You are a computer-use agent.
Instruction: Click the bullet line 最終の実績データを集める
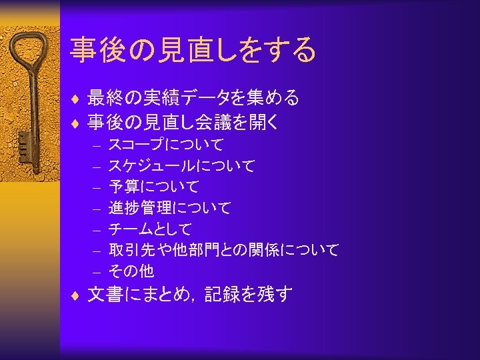click(193, 99)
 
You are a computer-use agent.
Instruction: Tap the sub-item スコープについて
click(165, 144)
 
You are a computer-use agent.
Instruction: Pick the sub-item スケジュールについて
click(181, 165)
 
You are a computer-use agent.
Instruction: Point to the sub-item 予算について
click(153, 187)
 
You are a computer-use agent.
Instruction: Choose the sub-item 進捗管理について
click(169, 208)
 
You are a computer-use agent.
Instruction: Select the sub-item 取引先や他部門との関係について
click(223, 251)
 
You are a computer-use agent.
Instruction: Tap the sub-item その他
click(131, 271)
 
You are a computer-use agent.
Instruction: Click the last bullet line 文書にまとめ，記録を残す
click(190, 294)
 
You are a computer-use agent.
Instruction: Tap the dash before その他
click(96, 272)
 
